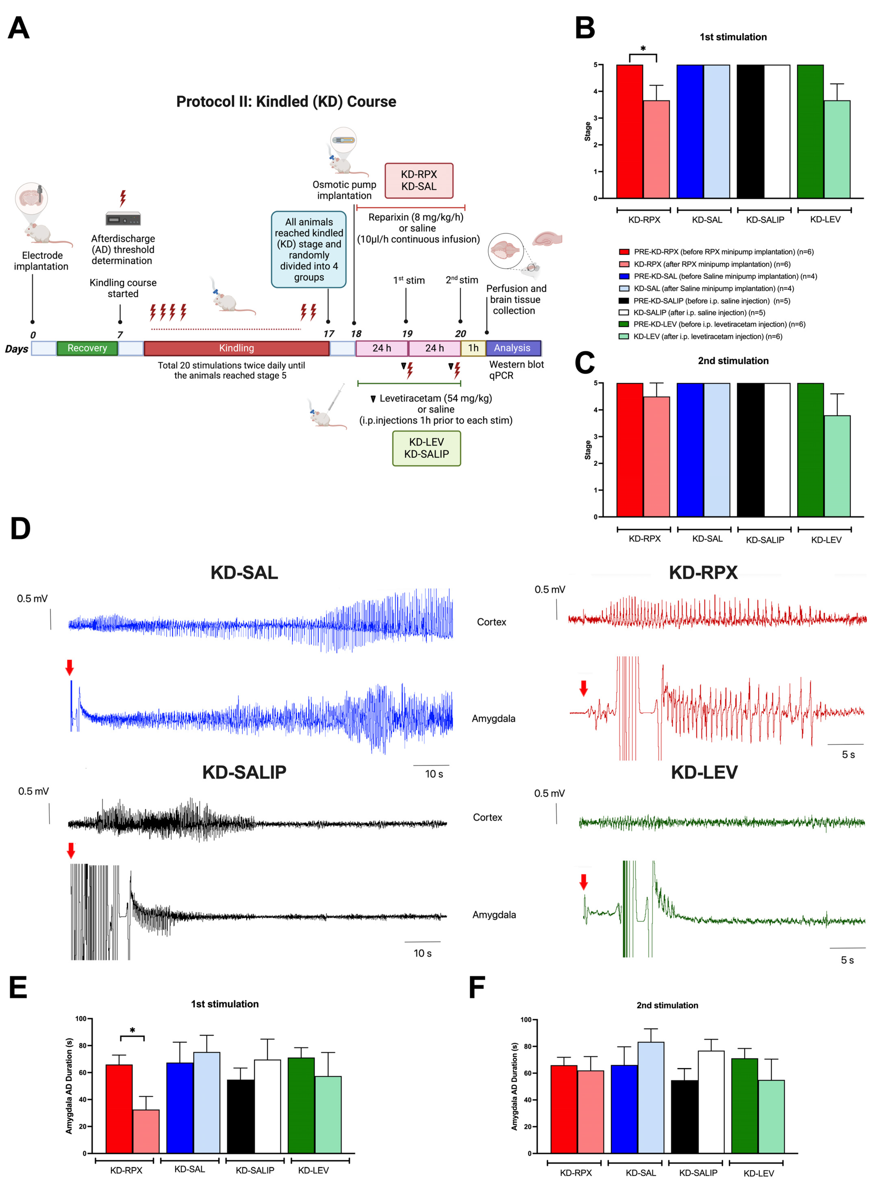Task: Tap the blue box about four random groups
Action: pos(309,250)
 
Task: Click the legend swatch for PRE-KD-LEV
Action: pos(624,324)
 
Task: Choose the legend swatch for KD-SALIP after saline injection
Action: pos(624,313)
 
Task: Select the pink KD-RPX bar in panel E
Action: pos(146,1131)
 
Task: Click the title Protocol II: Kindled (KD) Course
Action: pos(286,101)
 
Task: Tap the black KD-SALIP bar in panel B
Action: pos(750,132)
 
